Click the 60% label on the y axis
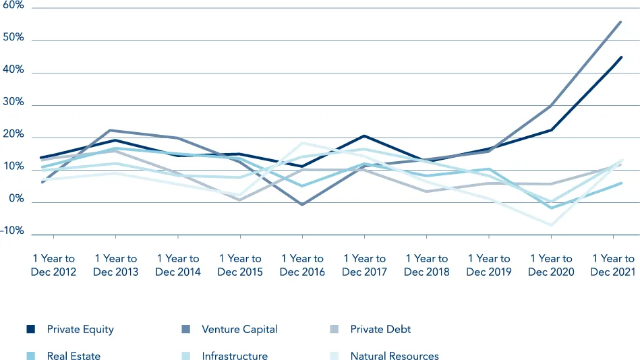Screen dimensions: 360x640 13,5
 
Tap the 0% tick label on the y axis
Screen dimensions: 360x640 16,200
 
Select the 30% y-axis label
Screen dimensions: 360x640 13,102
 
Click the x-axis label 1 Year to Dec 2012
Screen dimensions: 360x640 53,265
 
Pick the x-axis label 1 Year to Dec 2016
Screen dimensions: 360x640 302,265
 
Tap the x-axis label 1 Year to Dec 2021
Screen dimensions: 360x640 612,265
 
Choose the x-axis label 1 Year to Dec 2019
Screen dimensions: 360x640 488,265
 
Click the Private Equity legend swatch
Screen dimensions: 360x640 30,330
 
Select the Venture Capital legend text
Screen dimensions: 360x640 239,330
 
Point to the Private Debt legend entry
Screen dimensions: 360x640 380,330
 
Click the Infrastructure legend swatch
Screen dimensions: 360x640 185,356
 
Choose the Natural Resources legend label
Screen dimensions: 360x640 395,356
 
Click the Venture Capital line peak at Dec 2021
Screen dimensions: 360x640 620,22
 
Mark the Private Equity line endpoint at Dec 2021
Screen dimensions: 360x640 620,57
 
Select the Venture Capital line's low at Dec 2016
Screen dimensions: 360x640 302,204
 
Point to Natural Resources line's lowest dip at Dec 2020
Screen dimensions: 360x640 550,224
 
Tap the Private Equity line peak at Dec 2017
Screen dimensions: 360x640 364,136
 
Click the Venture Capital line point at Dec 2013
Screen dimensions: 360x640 115,130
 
